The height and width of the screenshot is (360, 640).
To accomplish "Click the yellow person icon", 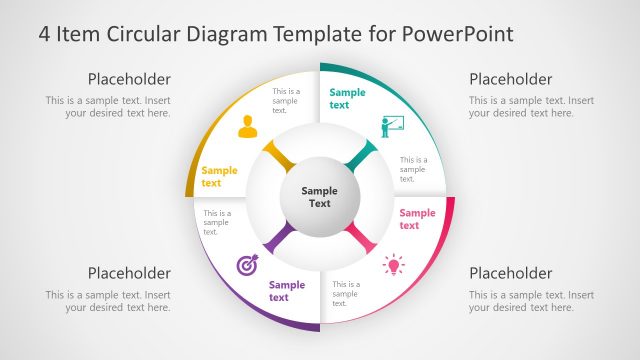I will (x=247, y=127).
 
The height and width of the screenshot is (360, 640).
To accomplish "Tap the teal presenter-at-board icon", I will (x=390, y=126).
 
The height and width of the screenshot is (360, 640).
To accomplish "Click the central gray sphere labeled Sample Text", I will (x=319, y=197).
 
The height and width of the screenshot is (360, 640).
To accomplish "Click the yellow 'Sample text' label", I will (x=219, y=176).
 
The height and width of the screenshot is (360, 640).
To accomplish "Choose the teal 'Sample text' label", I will (x=347, y=98).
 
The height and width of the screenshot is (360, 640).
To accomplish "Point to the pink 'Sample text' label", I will (x=417, y=218).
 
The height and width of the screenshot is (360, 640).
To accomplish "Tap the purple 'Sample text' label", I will (x=286, y=291).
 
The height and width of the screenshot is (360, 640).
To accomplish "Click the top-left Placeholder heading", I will (x=129, y=79).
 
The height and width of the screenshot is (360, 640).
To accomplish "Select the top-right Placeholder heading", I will (x=510, y=79).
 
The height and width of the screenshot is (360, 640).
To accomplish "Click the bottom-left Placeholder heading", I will (x=129, y=273).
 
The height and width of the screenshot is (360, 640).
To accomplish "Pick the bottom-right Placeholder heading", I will (x=510, y=273).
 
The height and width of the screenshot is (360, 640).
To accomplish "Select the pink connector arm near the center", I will (x=361, y=238).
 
